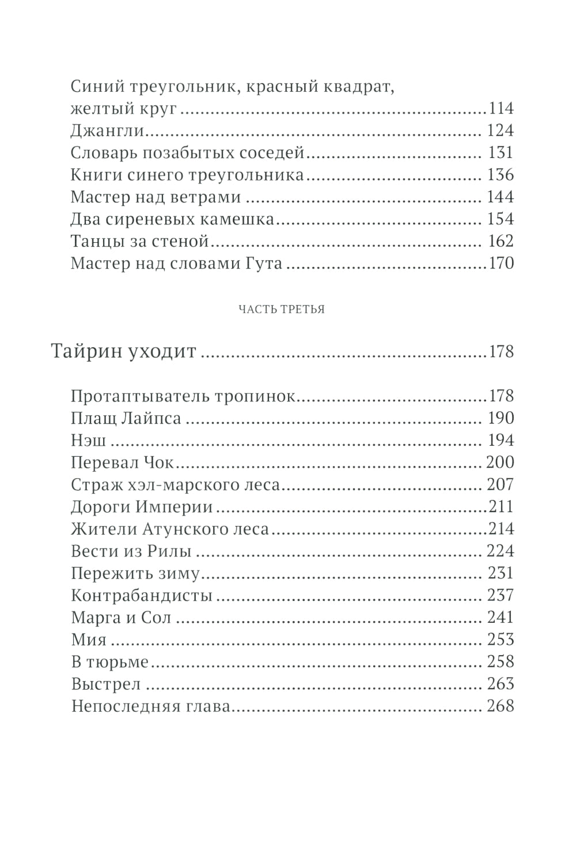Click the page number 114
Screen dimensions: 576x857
[500, 108]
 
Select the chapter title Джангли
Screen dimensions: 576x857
[107, 131]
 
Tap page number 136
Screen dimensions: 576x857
[500, 175]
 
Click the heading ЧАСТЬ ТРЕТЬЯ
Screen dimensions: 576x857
[282, 310]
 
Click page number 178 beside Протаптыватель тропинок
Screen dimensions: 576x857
[500, 396]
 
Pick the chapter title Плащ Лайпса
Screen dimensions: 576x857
[126, 418]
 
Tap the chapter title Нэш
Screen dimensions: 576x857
[89, 441]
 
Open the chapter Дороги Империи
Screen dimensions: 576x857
[142, 507]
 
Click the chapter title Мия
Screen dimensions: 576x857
[89, 640]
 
